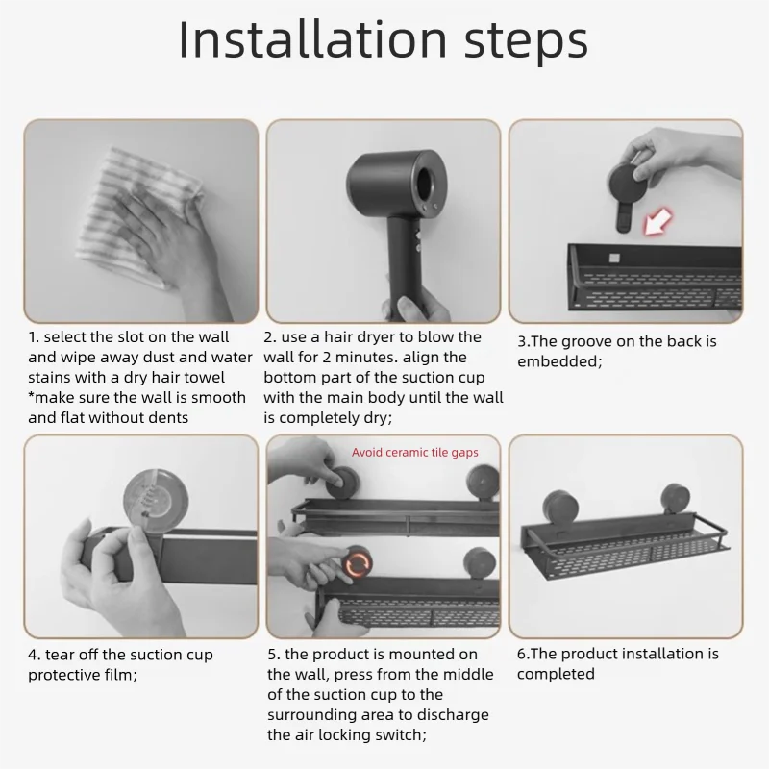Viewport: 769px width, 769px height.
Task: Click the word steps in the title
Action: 526,43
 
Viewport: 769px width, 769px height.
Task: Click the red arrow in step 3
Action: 657,221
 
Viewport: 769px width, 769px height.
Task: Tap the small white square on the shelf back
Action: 614,258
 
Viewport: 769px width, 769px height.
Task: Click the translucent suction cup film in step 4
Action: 149,496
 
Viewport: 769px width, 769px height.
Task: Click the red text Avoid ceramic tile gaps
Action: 415,452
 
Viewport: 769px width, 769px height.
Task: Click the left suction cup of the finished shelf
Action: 560,509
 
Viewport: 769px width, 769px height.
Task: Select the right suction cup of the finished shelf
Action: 678,500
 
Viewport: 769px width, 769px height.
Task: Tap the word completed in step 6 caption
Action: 556,674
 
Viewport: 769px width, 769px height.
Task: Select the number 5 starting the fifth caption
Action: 272,655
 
